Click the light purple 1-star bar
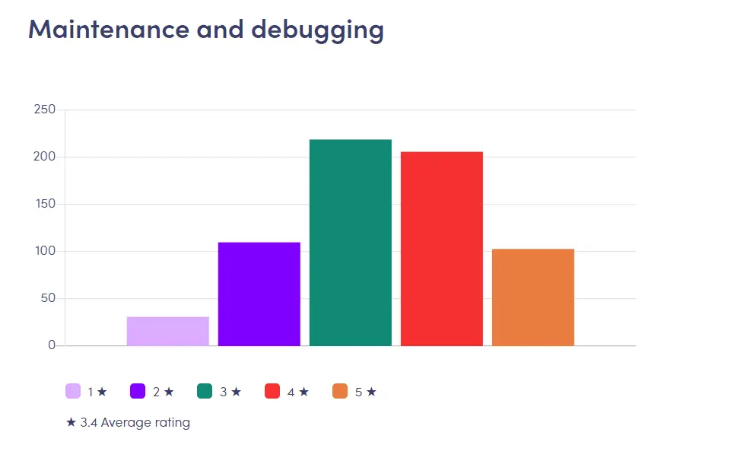point(167,331)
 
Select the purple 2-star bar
point(259,294)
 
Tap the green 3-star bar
point(350,243)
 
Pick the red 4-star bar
point(441,249)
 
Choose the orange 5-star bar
point(532,297)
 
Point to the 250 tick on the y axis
point(45,110)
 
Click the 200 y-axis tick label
point(45,157)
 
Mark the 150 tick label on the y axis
point(45,204)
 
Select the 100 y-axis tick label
point(45,251)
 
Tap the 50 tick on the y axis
point(47,298)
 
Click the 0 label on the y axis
point(52,345)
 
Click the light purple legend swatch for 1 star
point(73,392)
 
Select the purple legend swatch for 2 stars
point(138,392)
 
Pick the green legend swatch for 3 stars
point(205,392)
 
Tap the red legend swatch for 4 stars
point(272,392)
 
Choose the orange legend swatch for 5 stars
point(340,392)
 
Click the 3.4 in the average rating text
point(88,422)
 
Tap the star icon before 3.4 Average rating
point(71,422)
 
